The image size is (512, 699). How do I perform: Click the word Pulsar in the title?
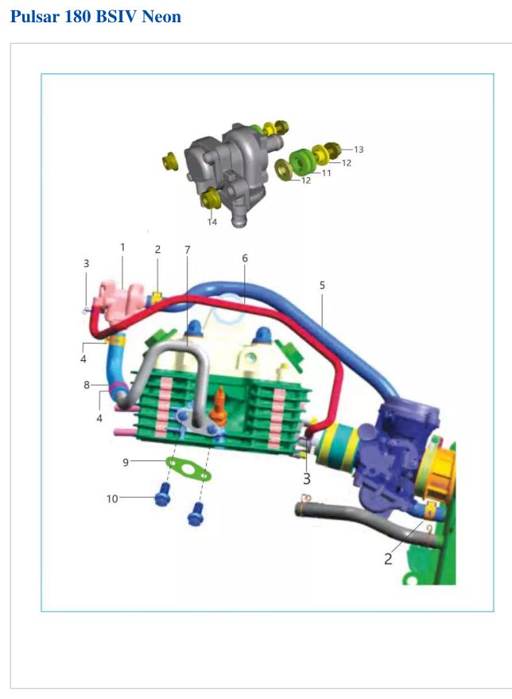35,17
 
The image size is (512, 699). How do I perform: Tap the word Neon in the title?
161,17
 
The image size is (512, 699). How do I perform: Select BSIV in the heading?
117,17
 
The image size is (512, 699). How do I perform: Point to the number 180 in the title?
78,17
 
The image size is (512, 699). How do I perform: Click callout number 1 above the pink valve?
122,247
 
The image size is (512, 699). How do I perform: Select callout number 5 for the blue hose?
322,285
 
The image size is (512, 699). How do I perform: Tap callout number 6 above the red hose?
245,258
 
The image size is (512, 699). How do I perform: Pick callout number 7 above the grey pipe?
187,250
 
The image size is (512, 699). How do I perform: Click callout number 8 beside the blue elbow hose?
87,385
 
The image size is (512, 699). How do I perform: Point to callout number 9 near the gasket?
126,462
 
